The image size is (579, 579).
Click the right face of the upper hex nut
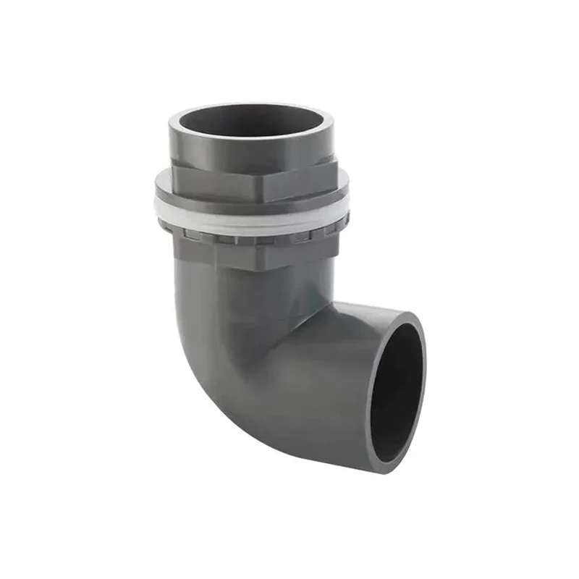[x=300, y=182]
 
